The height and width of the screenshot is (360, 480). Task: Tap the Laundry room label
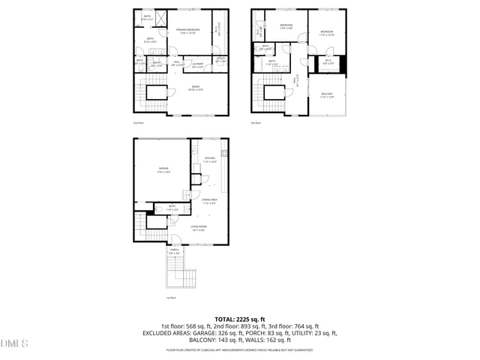point(198,65)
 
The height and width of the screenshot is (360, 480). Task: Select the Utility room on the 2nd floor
point(220,59)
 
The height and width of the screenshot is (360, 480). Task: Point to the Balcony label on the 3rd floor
point(327,95)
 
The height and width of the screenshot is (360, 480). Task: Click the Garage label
point(163,170)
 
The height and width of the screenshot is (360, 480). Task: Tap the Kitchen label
point(210,159)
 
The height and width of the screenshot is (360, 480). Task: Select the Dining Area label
point(210,200)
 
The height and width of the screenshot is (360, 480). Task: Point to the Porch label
point(174,252)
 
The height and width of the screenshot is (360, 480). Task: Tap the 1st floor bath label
point(172,207)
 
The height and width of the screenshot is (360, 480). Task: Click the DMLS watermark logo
point(14,343)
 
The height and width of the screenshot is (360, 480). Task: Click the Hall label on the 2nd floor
point(175,65)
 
